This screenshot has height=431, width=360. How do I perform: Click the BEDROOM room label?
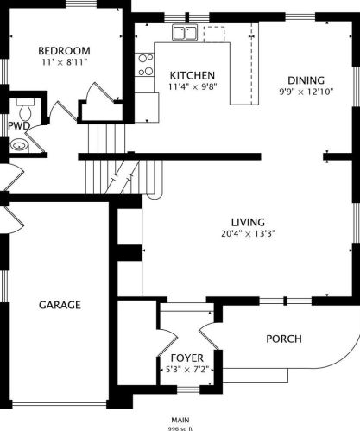point(64,51)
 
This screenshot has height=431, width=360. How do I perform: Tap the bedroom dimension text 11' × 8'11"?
point(64,62)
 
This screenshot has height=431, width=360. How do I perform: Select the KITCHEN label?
point(193,75)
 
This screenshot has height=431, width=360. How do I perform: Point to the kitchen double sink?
point(185,32)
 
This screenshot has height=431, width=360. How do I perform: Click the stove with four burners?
point(144,65)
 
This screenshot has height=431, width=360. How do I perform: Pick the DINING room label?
point(306,80)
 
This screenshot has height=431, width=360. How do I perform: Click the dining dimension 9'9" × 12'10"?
point(306,92)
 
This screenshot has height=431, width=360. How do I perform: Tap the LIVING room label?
point(248,222)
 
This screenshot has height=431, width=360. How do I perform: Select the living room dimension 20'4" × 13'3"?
point(248,233)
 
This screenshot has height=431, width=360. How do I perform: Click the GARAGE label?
point(60,305)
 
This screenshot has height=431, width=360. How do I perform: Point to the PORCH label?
point(284,339)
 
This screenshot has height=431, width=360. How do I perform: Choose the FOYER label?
point(187,358)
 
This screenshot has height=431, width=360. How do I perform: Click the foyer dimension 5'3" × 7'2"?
point(187,369)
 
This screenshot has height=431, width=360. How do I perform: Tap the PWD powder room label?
point(19,126)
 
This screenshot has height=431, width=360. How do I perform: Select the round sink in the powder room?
point(20,145)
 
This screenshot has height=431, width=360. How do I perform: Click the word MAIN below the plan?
point(180,420)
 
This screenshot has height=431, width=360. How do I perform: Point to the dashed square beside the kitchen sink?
point(214,34)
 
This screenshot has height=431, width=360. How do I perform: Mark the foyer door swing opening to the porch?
point(209,336)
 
